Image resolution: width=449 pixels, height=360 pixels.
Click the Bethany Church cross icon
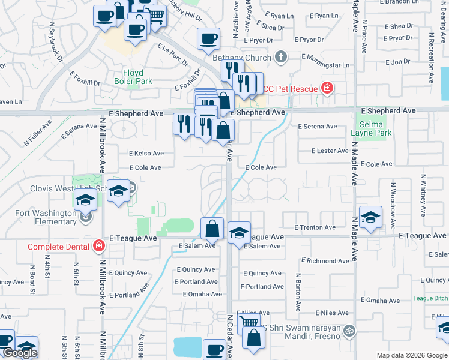[x=279, y=58]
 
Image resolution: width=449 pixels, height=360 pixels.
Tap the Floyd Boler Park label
[x=133, y=77]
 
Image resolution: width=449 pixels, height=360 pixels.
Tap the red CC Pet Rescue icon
[x=327, y=89]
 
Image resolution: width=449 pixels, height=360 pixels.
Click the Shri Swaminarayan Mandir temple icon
[x=348, y=329]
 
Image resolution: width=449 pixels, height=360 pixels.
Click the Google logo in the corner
[x=20, y=353]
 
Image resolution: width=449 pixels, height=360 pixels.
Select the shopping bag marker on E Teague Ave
[x=212, y=228]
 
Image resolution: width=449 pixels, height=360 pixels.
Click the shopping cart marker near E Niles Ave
[x=248, y=323]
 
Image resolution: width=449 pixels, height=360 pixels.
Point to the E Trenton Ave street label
[x=315, y=227]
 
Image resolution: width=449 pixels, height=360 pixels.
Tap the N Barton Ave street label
[x=297, y=292]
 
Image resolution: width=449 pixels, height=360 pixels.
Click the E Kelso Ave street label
[x=146, y=154]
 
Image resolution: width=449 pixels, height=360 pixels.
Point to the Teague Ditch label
[x=430, y=298]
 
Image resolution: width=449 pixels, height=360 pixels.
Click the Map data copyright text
[x=411, y=355]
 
